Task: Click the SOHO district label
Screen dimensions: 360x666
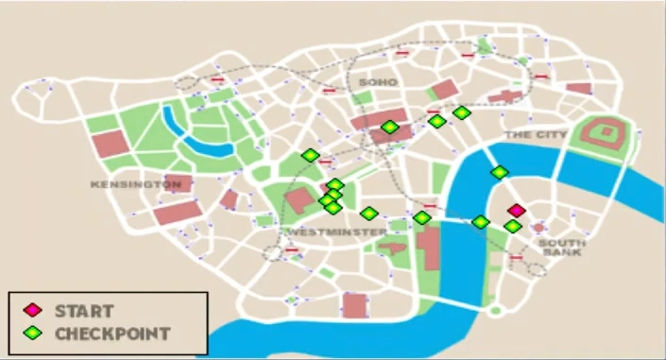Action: click(379, 83)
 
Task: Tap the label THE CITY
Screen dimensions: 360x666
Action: click(536, 135)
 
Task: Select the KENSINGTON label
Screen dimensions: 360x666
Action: click(135, 184)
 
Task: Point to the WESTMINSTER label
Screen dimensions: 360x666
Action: click(334, 231)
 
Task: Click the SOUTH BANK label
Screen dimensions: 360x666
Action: click(562, 248)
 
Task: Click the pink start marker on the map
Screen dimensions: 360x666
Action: click(516, 211)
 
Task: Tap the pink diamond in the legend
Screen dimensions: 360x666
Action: click(33, 310)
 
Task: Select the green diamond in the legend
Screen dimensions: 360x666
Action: click(33, 333)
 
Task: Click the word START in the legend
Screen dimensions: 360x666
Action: click(84, 310)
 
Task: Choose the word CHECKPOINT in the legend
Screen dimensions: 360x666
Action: click(112, 333)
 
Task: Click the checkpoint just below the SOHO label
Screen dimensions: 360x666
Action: click(390, 127)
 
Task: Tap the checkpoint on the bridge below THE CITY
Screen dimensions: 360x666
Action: click(499, 172)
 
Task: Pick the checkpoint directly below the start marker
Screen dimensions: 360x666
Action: click(512, 227)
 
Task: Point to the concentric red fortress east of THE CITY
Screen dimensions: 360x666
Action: click(605, 133)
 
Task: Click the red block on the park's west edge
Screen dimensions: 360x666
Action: click(111, 145)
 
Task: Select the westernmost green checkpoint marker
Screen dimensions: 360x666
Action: click(310, 156)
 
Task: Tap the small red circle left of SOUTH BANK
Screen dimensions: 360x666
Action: click(538, 228)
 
